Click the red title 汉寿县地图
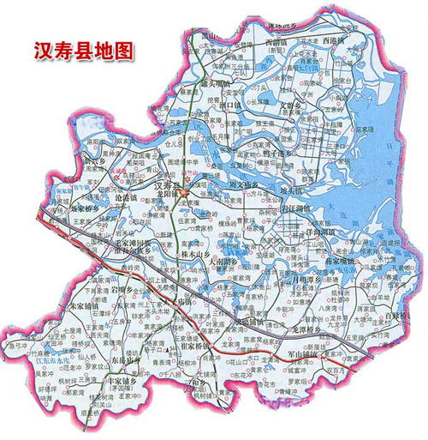(x=83, y=51)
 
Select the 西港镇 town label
(x=336, y=40)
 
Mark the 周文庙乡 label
(x=254, y=182)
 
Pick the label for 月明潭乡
(x=304, y=280)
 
